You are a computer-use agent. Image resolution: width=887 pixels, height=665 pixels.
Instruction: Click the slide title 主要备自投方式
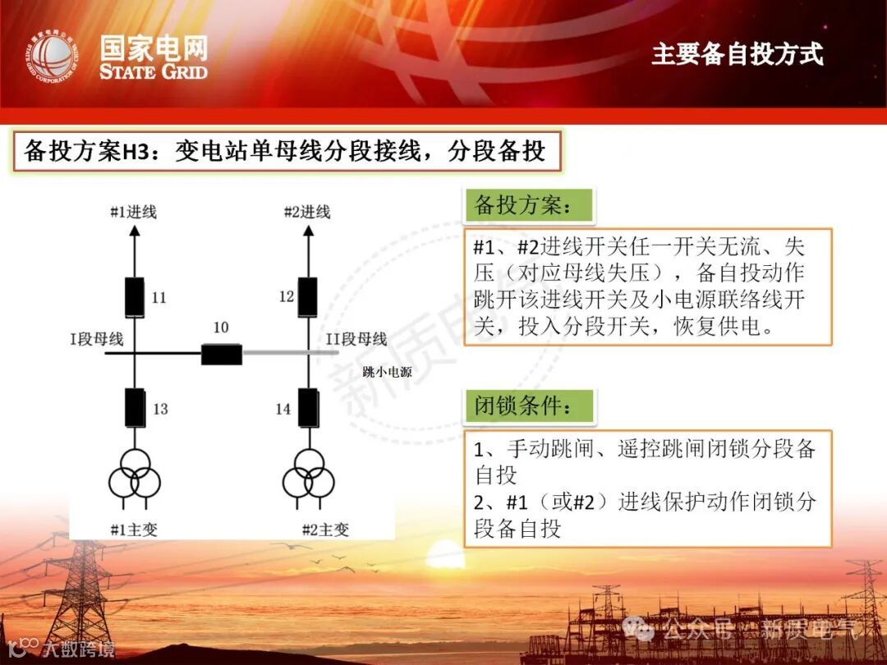737,54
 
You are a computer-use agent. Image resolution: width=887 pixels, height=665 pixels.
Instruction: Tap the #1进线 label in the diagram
134,212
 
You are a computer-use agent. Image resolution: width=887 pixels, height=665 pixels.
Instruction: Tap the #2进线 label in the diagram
306,212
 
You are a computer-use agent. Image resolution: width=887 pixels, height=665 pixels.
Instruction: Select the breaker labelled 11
134,297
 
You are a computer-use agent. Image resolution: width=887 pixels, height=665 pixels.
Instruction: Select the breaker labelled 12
307,297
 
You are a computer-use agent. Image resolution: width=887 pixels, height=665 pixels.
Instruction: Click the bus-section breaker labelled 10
222,354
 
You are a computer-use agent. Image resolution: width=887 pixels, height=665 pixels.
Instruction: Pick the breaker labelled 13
134,407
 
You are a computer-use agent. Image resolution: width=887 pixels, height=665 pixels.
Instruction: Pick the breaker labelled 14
308,407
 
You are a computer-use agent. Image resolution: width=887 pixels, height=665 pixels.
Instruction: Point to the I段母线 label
97,338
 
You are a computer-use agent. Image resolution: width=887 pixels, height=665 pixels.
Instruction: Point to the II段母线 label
356,338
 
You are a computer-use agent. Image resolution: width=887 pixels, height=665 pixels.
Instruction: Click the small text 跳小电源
387,372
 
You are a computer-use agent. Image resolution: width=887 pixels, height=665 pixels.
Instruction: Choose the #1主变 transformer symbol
134,474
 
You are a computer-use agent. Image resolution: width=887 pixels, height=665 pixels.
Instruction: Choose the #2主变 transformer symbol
308,474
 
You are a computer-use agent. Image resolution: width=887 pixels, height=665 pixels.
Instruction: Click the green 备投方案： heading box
529,205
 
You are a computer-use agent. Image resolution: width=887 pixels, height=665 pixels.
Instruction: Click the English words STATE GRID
154,71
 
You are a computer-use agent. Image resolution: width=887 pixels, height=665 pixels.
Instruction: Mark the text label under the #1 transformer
134,529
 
